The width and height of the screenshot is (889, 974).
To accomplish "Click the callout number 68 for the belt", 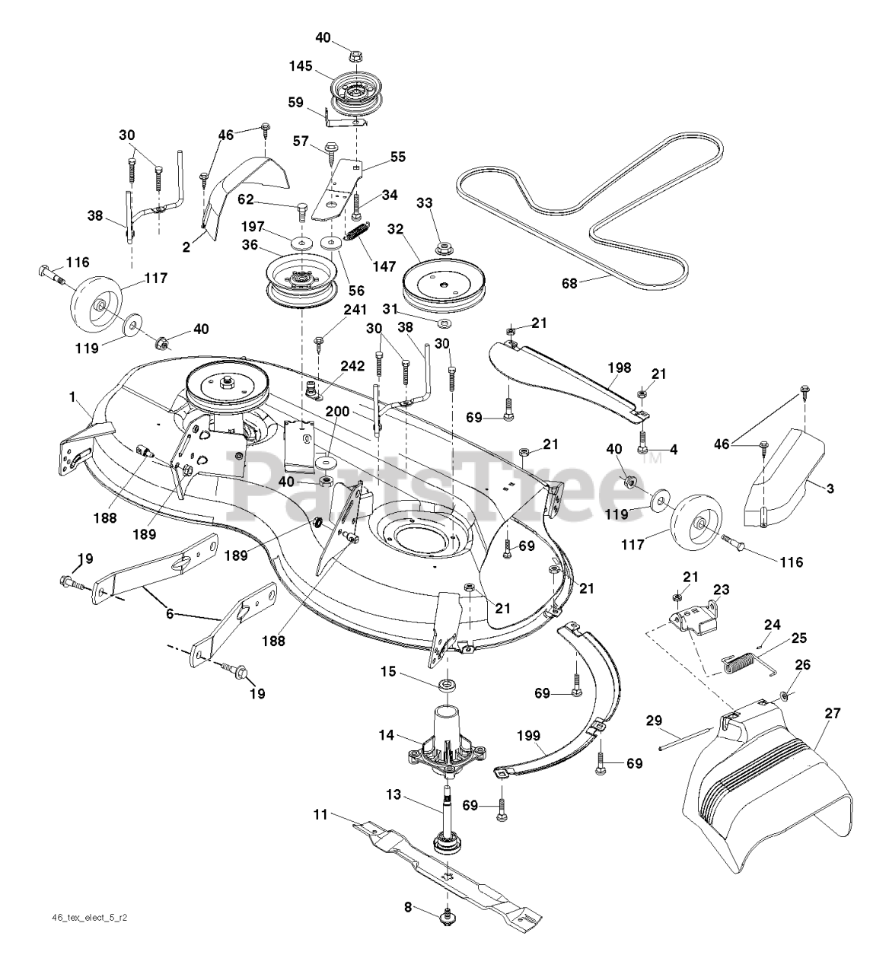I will (570, 283).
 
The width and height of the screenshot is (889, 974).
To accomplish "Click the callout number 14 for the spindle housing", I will (387, 736).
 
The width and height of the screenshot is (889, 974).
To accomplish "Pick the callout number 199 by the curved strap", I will (528, 736).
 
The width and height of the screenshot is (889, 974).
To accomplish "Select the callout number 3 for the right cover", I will (830, 489).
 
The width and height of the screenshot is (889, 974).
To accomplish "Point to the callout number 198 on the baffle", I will (620, 368).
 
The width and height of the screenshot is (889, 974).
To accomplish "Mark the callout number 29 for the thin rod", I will (655, 719).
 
